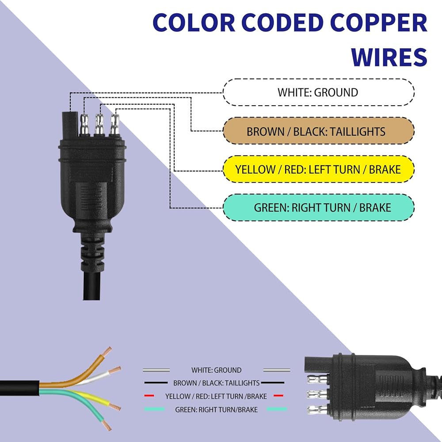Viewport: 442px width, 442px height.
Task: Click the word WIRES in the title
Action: click(389, 57)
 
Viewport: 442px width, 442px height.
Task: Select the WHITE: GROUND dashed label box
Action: click(319, 92)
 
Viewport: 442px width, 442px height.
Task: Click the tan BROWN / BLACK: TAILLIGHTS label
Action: click(319, 131)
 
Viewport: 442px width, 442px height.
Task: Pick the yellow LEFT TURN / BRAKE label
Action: click(319, 169)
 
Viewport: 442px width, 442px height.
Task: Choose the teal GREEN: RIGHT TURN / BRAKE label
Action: click(319, 207)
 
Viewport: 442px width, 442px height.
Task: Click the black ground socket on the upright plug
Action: click(70, 124)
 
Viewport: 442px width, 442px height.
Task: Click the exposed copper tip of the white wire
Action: click(115, 370)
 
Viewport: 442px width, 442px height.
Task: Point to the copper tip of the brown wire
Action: click(107, 351)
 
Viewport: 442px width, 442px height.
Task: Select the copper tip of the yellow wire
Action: click(115, 407)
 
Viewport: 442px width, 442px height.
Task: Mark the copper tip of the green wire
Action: click(107, 425)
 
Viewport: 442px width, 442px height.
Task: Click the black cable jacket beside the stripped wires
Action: click(19, 388)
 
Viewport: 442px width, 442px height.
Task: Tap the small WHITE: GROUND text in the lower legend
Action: click(216, 370)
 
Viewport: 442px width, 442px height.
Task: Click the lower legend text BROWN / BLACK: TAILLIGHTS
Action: click(216, 383)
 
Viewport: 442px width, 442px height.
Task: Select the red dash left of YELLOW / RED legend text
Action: click(149, 396)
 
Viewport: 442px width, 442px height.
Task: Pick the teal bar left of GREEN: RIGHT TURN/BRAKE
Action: click(154, 409)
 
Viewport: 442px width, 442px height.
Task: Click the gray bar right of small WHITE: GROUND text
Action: click(277, 370)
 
